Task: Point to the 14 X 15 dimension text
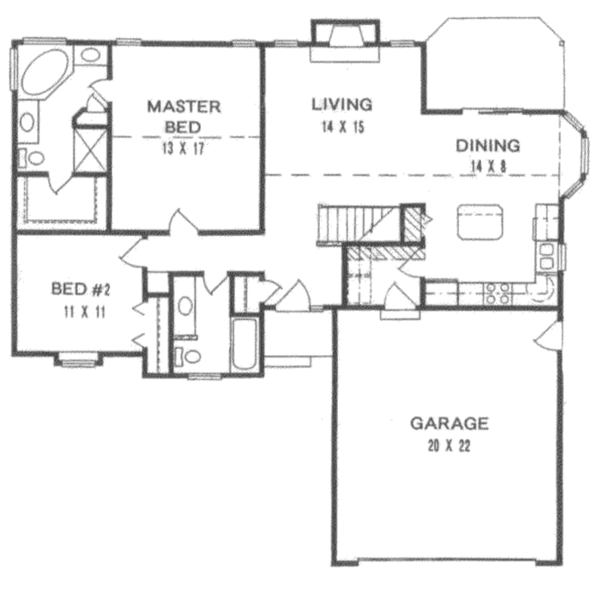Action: pyautogui.click(x=342, y=127)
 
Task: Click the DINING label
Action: pyautogui.click(x=488, y=145)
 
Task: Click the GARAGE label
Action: pyautogui.click(x=449, y=423)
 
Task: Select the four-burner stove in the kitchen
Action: pyautogui.click(x=497, y=293)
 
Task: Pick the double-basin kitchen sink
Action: pyautogui.click(x=547, y=255)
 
